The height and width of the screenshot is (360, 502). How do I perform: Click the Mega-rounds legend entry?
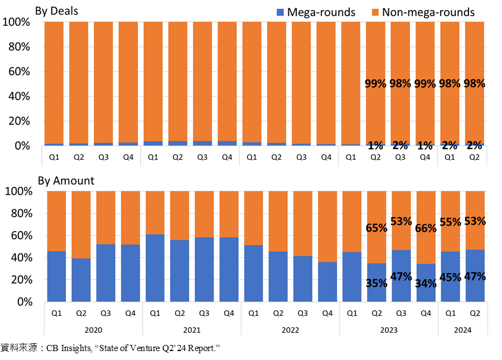[x=316, y=12]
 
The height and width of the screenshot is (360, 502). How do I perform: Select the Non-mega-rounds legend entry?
[x=423, y=12]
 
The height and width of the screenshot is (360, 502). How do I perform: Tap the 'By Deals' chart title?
[x=57, y=11]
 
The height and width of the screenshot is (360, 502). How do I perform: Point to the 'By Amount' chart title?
[x=66, y=181]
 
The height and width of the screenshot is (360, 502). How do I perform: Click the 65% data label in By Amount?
[x=376, y=228]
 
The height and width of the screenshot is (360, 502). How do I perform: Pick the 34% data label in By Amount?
[x=426, y=284]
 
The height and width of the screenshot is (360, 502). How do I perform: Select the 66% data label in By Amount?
[x=426, y=228]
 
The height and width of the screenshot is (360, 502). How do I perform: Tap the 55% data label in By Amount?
[x=451, y=222]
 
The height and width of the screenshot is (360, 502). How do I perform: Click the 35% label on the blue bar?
[x=376, y=283]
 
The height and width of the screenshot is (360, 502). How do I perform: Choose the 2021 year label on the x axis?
[x=192, y=330]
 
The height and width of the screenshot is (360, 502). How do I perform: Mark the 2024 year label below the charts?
[x=462, y=330]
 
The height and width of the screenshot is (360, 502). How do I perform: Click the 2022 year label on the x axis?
[x=291, y=330]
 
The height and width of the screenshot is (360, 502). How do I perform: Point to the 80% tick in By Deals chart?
[x=19, y=47]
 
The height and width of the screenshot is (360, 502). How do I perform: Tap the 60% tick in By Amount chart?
[x=22, y=236]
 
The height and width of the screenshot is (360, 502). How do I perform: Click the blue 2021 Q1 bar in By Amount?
[x=155, y=268]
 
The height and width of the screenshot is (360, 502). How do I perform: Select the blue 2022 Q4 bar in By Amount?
[x=327, y=282]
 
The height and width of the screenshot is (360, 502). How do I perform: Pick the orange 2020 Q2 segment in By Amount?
[x=81, y=225]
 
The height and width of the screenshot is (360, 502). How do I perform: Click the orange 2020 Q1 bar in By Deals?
[x=54, y=83]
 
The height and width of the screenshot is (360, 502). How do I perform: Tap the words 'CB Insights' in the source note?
[x=69, y=348]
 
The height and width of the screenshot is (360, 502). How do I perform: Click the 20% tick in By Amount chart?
[x=22, y=280]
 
